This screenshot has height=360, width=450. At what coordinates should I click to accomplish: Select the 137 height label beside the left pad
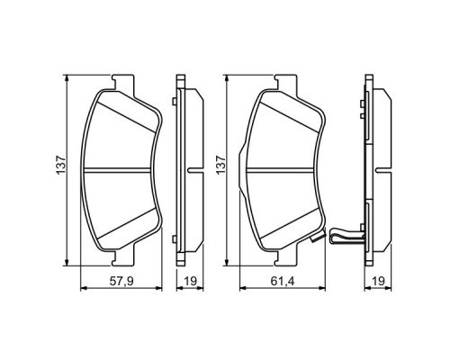[59, 166]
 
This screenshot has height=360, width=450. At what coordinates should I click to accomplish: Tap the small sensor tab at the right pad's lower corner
[316, 238]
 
